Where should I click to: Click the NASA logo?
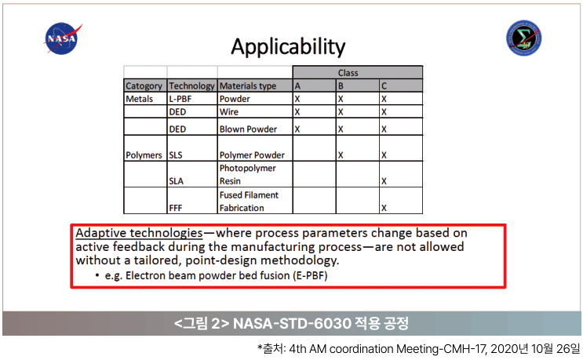point(62,38)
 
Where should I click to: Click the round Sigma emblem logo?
point(523,38)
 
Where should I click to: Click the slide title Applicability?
point(288,47)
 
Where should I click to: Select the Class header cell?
point(357,72)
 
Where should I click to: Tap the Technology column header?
point(192,85)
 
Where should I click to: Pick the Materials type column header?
point(255,85)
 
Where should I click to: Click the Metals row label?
point(140,99)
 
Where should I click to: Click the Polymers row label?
point(144,155)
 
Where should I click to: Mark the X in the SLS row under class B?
point(341,155)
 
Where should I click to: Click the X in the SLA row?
point(384,181)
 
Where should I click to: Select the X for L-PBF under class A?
point(297,99)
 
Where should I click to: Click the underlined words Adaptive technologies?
point(140,233)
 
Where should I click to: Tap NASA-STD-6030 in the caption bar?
point(292,323)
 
